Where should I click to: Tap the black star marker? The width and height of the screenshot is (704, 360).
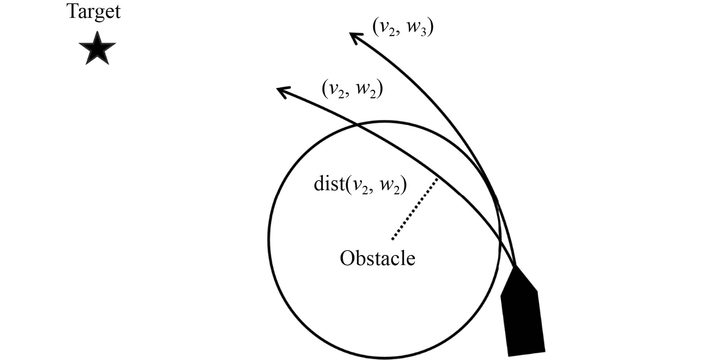(x=97, y=49)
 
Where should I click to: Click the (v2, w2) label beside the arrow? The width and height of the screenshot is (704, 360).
(x=352, y=89)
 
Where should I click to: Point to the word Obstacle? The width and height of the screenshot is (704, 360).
(x=377, y=258)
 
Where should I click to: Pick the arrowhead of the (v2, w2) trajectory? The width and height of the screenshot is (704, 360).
(x=282, y=91)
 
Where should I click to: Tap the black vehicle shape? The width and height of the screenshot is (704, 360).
(x=522, y=316)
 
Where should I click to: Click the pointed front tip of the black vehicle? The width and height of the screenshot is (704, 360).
(x=516, y=267)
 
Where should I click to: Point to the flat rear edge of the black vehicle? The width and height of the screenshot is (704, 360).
(x=527, y=353)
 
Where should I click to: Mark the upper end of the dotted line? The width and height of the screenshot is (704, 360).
(x=437, y=179)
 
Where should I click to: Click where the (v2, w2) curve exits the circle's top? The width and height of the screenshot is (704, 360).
(x=357, y=124)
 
